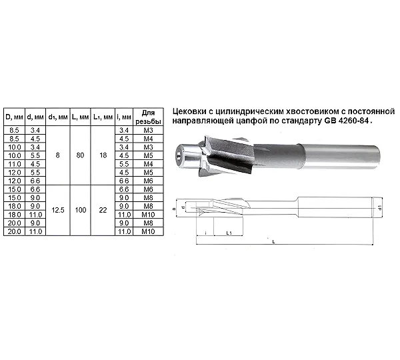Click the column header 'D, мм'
tap(14, 117)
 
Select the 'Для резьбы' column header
tap(148, 117)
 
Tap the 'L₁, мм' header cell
tap(103, 117)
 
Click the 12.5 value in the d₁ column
tap(58, 210)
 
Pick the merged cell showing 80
tap(81, 155)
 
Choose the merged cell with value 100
tap(81, 210)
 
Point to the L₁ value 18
tap(103, 155)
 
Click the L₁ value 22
tap(103, 210)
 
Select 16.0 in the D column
tap(14, 206)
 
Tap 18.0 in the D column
tap(14, 215)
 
